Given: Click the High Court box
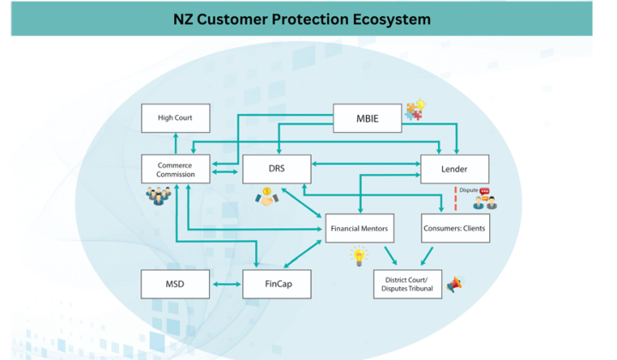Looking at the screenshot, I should pos(175,117).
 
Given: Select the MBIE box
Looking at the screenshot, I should pos(367,118).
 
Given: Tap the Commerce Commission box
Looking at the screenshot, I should pos(175,169).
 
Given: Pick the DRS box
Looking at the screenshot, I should pos(276,169).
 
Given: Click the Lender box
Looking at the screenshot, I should pos(454,169).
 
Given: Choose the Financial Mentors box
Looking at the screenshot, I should pos(360,229).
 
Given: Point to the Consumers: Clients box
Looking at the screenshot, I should pos(454,229).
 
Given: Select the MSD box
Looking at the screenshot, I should pos(175,284).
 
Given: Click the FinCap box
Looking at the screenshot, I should pos(276,284).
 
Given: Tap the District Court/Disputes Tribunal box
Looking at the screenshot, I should pos(407,284).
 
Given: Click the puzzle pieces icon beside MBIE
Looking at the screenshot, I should pos(416,110).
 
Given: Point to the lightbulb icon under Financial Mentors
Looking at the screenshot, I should pos(358,256).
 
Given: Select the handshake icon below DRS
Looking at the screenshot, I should pos(267,197).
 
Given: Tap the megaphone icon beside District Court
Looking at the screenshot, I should pos(454,284).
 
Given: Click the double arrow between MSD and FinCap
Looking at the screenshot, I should pos(225,284).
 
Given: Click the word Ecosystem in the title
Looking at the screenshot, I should pos(381,18).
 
